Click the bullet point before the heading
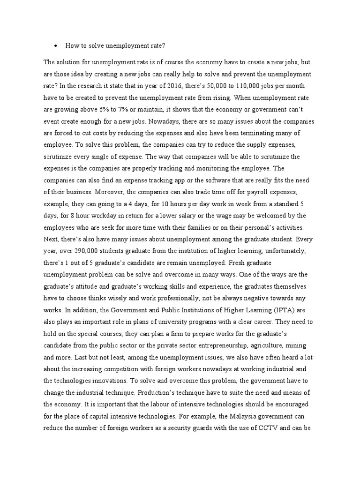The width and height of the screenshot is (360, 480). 56,46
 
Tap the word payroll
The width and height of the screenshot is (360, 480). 260,192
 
